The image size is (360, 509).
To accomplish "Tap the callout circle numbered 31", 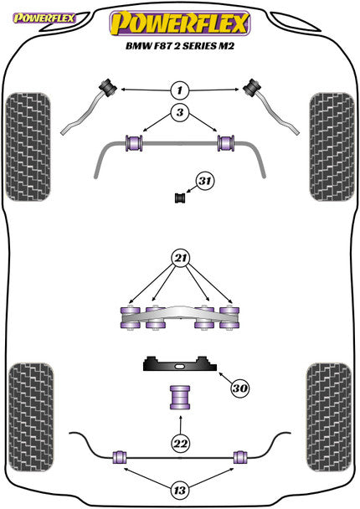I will pos(204,180).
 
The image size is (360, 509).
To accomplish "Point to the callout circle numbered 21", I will pos(181,258).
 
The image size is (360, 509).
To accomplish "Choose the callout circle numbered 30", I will pos(240,388).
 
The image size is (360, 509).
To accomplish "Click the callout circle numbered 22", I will pos(181,443).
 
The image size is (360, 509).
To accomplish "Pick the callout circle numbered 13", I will pos(181,491).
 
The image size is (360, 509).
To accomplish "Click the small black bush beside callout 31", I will pos(177,198).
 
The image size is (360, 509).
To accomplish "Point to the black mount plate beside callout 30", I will pos(178,366).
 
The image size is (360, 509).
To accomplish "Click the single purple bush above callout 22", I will pos(179,397).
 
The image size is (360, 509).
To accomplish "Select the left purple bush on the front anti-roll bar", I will pos(132,143).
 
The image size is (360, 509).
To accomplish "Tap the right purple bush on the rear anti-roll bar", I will pos(240,457).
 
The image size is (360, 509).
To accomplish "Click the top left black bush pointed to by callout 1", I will pos(107,85).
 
